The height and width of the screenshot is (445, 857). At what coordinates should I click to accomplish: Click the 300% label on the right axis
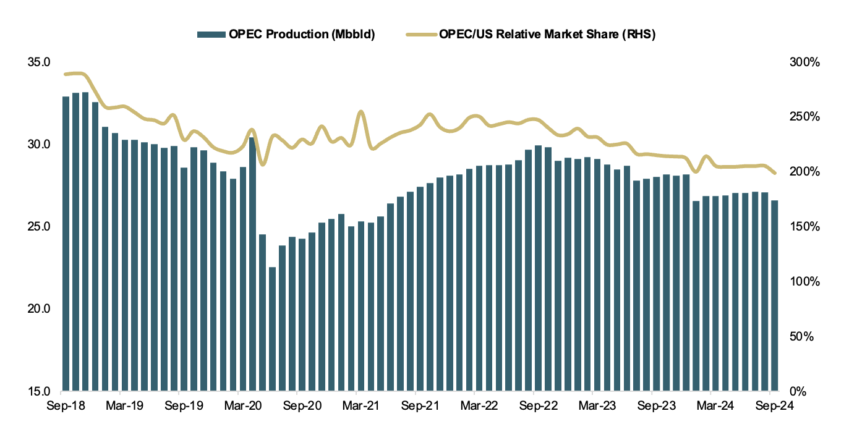click(804, 62)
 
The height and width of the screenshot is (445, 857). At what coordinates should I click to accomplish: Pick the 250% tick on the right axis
click(804, 117)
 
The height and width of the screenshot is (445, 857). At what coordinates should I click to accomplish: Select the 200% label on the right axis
click(804, 172)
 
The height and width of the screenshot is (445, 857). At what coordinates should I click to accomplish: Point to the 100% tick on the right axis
click(804, 282)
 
